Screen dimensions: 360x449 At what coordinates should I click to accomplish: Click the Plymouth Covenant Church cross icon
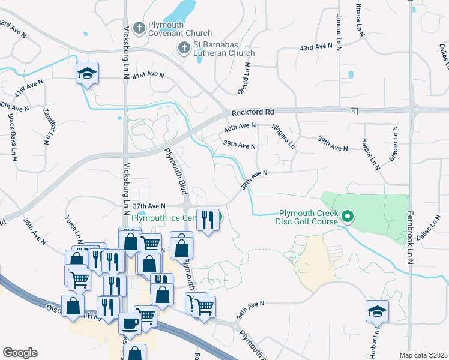click(139, 27)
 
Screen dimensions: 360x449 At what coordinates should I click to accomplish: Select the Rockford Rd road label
click(253, 112)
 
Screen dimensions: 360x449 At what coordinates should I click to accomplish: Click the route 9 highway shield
click(355, 112)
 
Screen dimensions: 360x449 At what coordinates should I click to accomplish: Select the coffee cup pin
click(129, 323)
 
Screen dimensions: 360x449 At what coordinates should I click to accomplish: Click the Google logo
click(20, 353)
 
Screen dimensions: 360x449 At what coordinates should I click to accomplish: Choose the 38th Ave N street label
click(253, 179)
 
